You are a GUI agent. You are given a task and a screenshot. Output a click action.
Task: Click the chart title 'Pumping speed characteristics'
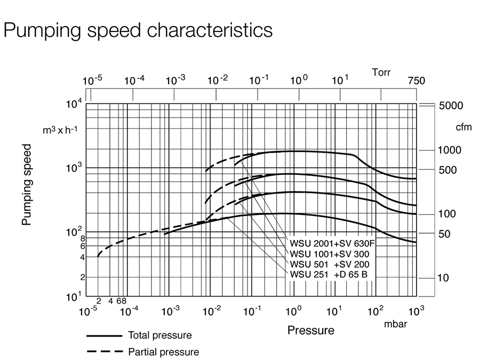click(x=138, y=30)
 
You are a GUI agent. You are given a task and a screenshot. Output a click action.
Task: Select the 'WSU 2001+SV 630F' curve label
click(x=332, y=244)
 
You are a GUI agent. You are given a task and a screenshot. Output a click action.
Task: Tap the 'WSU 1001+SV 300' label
click(x=330, y=254)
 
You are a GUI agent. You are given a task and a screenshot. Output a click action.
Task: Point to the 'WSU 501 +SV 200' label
click(x=330, y=265)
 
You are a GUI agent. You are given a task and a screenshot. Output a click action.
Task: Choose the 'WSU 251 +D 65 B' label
click(x=329, y=275)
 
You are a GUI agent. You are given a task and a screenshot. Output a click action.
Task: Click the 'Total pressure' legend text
click(x=159, y=335)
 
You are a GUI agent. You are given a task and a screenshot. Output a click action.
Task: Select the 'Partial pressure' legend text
click(x=163, y=352)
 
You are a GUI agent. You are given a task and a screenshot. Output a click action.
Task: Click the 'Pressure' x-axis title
click(x=311, y=330)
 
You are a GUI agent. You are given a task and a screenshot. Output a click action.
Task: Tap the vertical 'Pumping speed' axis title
click(x=27, y=184)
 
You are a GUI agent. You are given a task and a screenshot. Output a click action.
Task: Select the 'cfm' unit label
click(x=463, y=127)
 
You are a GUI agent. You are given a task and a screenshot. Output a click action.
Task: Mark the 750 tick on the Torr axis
click(x=417, y=81)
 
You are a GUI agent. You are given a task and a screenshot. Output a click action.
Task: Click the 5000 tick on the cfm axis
click(x=451, y=106)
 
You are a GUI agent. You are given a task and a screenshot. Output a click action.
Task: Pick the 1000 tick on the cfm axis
click(x=450, y=150)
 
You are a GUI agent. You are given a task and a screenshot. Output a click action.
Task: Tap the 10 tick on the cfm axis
click(x=444, y=278)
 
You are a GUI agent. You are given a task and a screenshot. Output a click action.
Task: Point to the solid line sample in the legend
click(x=105, y=335)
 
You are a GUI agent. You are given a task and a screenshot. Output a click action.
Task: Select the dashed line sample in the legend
click(x=105, y=352)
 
